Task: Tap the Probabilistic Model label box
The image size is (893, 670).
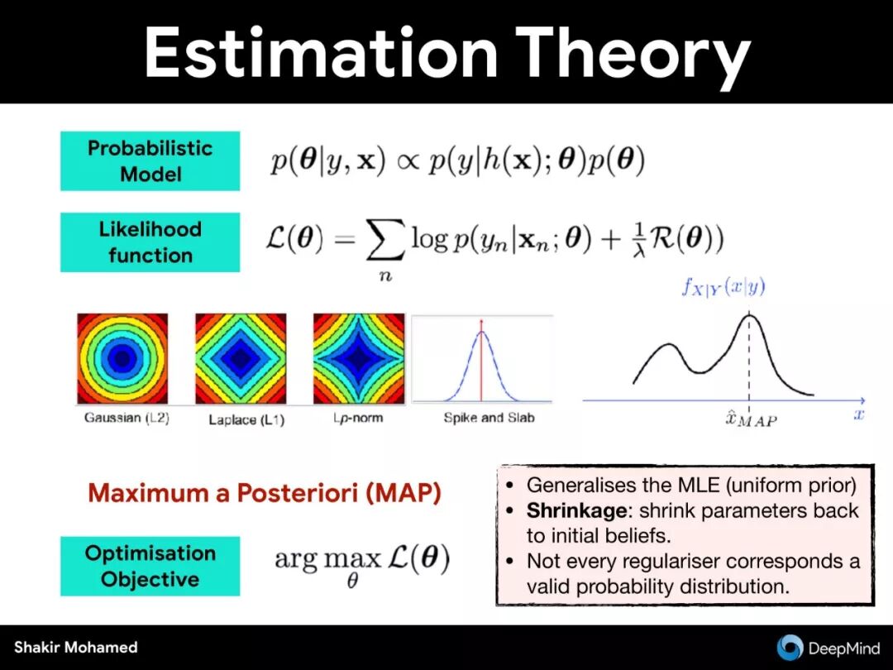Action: click(150, 160)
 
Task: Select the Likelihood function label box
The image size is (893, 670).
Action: click(150, 242)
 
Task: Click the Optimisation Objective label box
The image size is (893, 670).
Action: click(150, 567)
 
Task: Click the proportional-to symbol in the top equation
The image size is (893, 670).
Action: click(407, 161)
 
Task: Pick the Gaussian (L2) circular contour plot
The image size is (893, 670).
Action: click(122, 358)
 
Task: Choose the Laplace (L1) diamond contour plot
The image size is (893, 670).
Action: click(241, 358)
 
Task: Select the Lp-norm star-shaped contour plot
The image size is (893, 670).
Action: click(359, 358)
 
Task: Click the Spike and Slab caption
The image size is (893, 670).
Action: click(489, 418)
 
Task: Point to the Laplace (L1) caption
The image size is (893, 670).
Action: click(246, 420)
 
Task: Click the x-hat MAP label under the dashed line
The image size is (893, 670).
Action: click(751, 419)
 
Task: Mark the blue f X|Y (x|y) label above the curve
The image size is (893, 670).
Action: click(723, 286)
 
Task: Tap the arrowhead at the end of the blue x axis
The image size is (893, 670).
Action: click(862, 400)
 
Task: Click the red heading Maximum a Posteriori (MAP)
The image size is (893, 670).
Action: click(265, 493)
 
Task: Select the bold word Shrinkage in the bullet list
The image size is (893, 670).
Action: click(576, 510)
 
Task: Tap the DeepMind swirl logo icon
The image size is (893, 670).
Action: click(790, 648)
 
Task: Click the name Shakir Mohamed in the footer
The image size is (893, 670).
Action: click(76, 647)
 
